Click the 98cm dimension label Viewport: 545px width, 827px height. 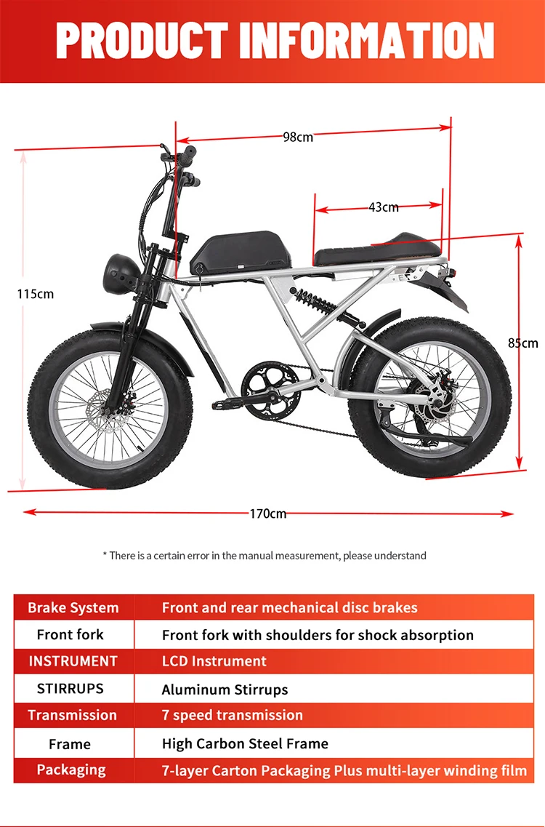tap(298, 137)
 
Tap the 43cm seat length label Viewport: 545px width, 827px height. tap(384, 207)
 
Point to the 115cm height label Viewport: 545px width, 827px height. tap(36, 294)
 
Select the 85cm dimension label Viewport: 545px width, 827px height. tap(523, 343)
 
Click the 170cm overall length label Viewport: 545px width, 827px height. tap(268, 514)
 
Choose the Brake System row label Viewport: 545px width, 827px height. tap(73, 607)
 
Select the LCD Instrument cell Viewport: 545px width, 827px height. tap(214, 661)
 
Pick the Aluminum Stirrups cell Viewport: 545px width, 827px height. tap(225, 690)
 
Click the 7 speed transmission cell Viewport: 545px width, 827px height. tap(232, 715)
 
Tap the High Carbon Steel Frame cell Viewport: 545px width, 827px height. tap(245, 743)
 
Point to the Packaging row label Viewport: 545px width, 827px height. tap(71, 770)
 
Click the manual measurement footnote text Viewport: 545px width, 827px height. tap(265, 556)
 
